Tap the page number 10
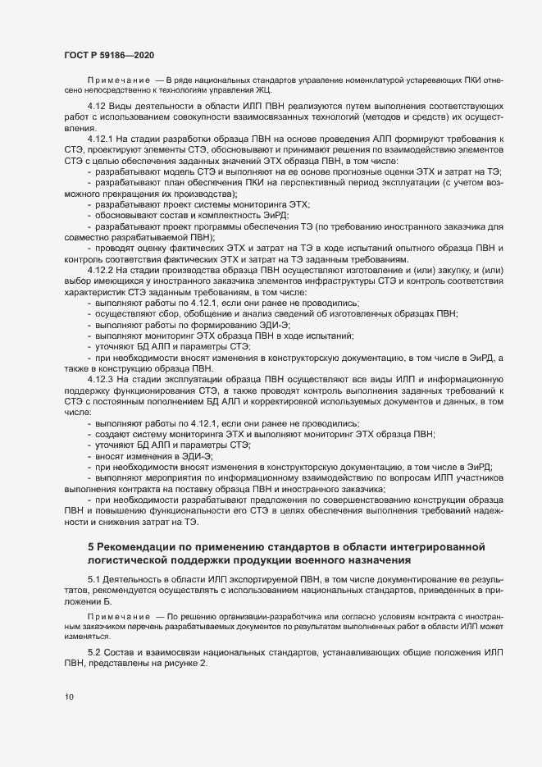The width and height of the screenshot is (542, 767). [x=68, y=698]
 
